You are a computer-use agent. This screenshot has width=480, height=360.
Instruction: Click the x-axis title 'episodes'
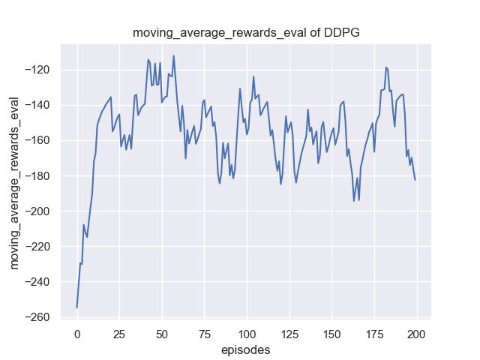(x=245, y=349)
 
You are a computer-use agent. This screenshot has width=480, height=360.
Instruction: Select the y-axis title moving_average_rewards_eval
(x=14, y=183)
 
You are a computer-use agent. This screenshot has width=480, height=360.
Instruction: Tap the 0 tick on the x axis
(x=76, y=333)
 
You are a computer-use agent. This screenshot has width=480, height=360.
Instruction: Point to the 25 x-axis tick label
(x=119, y=333)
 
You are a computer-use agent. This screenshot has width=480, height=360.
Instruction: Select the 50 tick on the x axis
(x=162, y=333)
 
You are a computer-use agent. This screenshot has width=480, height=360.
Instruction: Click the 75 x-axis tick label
(x=204, y=333)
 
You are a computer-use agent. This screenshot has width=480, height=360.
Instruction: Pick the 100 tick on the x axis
(x=247, y=333)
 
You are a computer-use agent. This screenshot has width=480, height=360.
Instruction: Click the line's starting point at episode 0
(x=76, y=307)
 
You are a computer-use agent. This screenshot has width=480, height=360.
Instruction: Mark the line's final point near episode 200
(x=415, y=179)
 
